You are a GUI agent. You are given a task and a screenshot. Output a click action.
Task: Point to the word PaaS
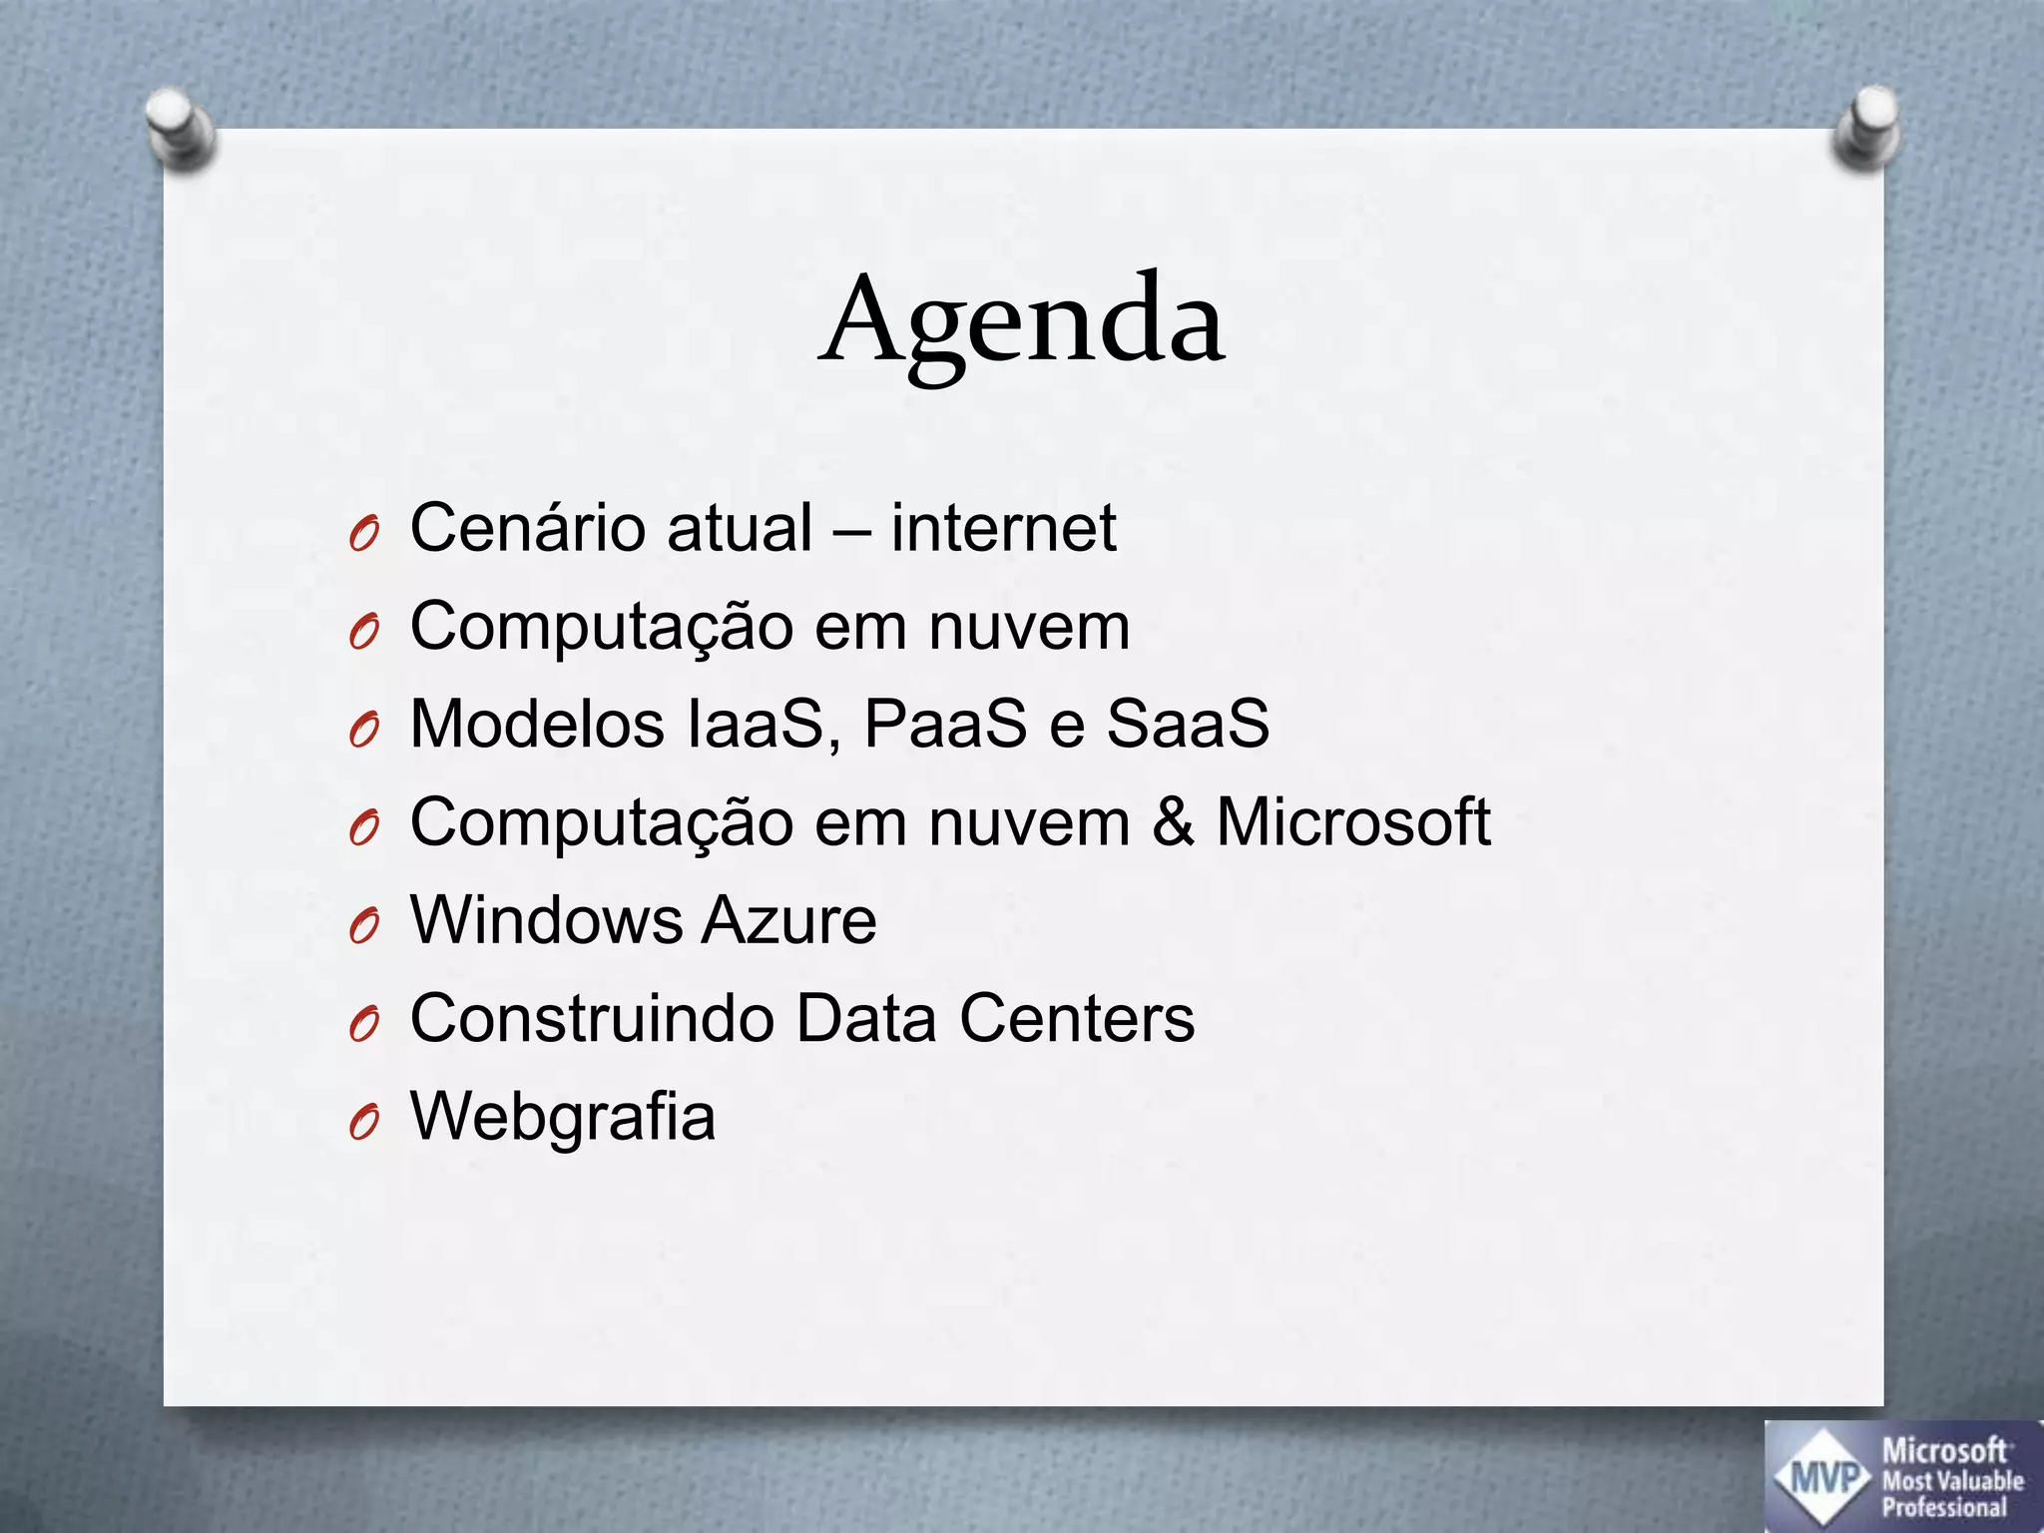coord(944,723)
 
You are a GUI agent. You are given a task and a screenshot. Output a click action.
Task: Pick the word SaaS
coord(1188,723)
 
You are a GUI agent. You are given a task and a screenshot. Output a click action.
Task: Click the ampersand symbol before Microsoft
coord(1173,822)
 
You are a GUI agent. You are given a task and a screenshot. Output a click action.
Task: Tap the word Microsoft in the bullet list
coord(1352,822)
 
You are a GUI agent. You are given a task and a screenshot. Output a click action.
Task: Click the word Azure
coord(788,919)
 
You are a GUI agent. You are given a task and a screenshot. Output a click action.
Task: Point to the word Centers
coord(1077,1018)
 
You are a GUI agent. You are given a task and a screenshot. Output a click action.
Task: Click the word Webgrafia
coord(563,1116)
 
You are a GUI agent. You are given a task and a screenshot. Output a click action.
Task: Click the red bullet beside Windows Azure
coord(364,928)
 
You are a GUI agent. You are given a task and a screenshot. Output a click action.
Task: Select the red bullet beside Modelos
coord(364,732)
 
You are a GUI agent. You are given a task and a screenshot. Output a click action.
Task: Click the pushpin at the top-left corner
coord(179,129)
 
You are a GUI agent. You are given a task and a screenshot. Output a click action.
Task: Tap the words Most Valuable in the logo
coord(1952,1480)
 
